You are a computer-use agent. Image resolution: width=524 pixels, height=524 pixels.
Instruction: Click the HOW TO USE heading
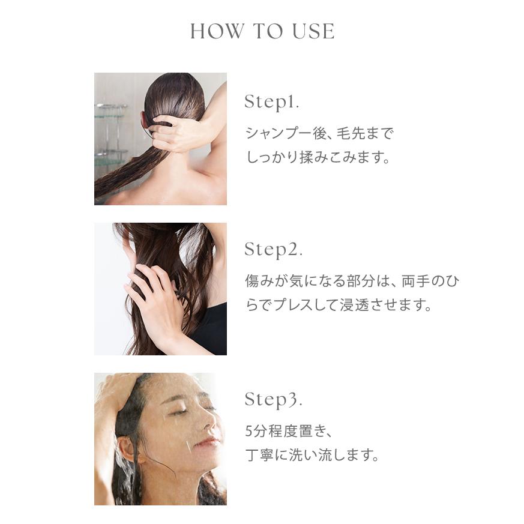point(262,31)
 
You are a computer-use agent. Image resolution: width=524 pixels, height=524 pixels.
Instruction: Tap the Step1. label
point(271,102)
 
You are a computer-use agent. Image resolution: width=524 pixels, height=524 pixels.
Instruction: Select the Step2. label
point(273,250)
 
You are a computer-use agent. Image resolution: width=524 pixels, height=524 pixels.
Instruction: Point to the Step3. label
point(273,399)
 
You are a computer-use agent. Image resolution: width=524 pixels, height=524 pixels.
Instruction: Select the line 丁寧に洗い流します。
point(313,456)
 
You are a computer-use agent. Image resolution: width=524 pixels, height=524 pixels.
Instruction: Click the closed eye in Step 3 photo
point(178,412)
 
